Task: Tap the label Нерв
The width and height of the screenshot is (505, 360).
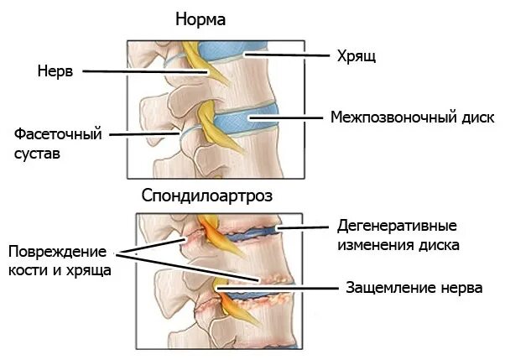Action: coord(55,72)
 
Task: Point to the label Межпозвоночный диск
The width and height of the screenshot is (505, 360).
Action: coord(412,117)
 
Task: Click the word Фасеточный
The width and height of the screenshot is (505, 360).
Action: coord(58,133)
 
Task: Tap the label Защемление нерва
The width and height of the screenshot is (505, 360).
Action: coord(414,288)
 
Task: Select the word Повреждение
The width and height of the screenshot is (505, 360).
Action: coord(58,252)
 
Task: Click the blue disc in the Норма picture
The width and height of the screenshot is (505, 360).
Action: coord(252,121)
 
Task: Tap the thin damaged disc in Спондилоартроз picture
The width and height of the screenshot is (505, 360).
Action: coord(252,236)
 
